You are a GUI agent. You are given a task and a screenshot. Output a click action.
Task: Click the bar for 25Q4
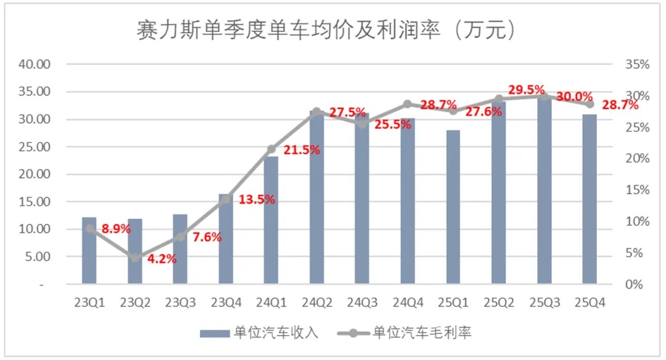tap(590, 200)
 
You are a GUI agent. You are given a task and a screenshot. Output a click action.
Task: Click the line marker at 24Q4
tap(408, 104)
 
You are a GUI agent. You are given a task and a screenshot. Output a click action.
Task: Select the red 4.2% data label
tap(162, 260)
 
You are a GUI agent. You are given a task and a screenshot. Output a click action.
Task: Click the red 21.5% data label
tap(302, 150)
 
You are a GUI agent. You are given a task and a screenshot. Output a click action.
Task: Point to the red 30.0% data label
tap(574, 97)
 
